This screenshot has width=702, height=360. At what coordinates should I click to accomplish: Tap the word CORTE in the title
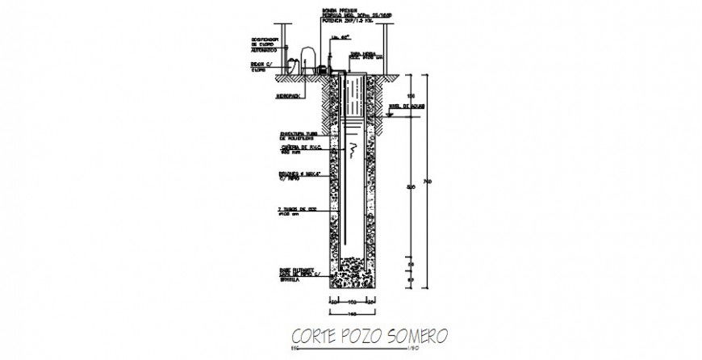[x=315, y=334]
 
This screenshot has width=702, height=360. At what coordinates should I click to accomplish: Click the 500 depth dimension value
[x=410, y=187]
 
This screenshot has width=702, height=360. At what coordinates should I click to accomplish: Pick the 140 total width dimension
[x=352, y=312]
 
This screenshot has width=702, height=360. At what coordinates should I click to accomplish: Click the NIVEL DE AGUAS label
[x=406, y=106]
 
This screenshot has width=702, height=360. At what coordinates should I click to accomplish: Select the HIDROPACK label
[x=291, y=96]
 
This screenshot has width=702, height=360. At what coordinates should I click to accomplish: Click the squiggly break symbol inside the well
[x=353, y=149]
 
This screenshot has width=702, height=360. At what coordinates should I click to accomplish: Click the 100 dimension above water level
[x=410, y=97]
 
